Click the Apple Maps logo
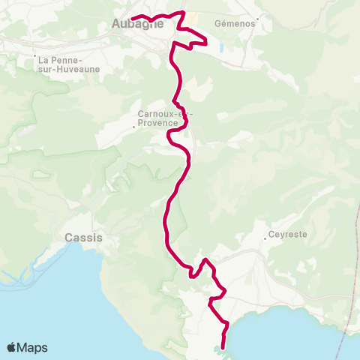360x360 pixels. pos(28,347)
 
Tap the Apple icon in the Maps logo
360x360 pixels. pos(13,347)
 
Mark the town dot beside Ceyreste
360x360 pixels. pos(266,240)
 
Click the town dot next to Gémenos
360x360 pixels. pos(256,23)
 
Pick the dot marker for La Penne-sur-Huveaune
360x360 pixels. pos(35,56)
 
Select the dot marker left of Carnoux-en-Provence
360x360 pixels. pos(133,127)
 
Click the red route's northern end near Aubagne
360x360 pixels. pos(133,18)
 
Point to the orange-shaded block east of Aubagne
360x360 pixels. pos(192,19)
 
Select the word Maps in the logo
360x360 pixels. pos(34,347)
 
